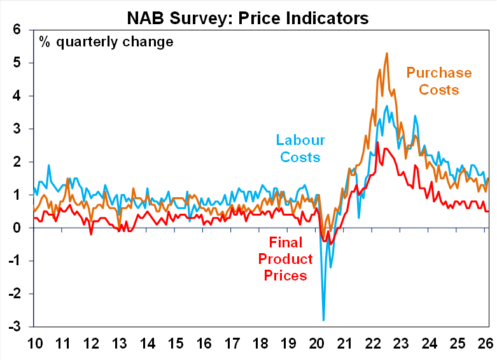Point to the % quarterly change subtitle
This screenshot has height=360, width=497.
[106, 43]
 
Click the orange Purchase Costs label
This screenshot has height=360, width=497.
[438, 81]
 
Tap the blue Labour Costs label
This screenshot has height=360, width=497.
[300, 148]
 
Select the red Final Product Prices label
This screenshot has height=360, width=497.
[291, 259]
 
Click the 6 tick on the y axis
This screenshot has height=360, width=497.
[17, 30]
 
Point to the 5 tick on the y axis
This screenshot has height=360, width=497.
[17, 63]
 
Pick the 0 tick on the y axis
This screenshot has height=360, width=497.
[17, 228]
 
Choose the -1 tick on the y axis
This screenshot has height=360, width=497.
[14, 261]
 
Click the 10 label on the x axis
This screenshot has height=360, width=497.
[35, 343]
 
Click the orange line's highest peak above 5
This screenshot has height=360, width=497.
[388, 53]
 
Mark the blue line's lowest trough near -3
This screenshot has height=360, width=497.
[323, 320]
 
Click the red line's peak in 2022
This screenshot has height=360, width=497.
[377, 142]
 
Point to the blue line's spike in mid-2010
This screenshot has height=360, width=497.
[48, 165]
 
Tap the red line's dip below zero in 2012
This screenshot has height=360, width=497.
[91, 235]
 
